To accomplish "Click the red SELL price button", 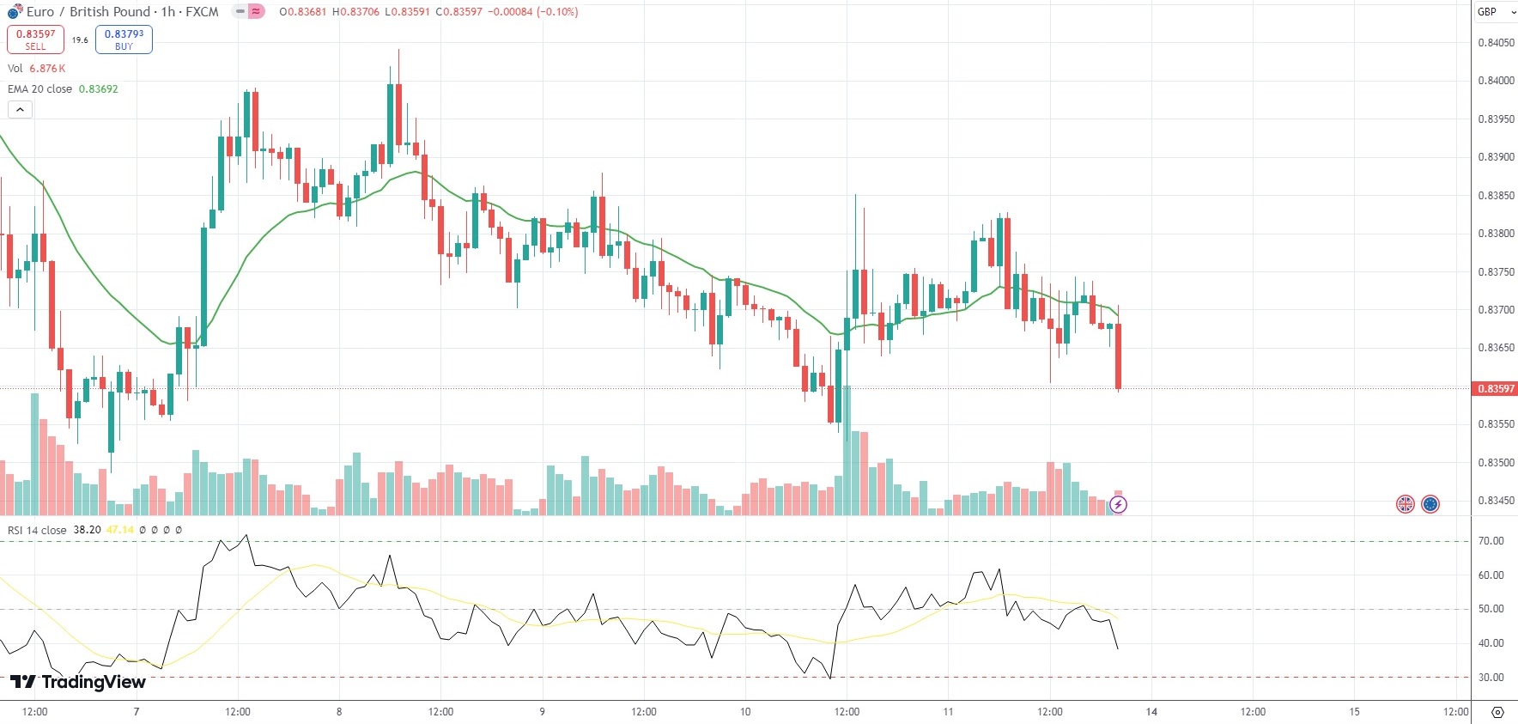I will point(35,40).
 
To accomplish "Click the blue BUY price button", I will point(124,40).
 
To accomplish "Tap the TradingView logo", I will point(78,682).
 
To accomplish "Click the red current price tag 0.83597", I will point(1495,389).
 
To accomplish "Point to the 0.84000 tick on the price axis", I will point(1496,81).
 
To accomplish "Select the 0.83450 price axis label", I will point(1496,501).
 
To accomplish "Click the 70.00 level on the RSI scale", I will point(1491,541).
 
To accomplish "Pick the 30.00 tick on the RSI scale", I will point(1491,678).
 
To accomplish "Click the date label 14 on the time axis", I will point(1151,712).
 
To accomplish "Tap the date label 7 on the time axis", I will point(137,712).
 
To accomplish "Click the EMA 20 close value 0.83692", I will point(99,89).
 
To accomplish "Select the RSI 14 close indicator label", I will point(37,530).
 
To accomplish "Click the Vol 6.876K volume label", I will point(37,69).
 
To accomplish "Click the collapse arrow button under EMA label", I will point(20,110).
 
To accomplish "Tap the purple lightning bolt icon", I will point(1118,505).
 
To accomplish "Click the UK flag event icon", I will point(1405,504).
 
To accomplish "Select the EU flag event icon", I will point(1430,504).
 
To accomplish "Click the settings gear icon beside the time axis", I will point(1497,712).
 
